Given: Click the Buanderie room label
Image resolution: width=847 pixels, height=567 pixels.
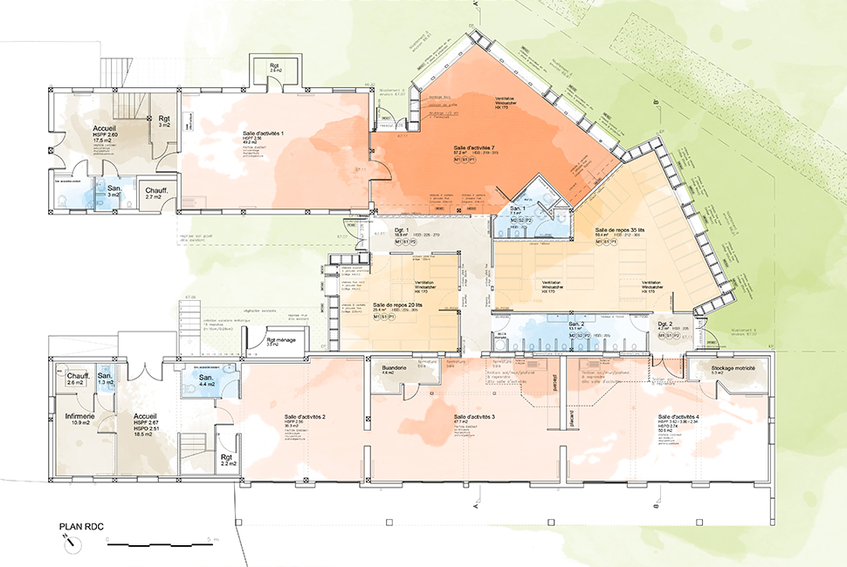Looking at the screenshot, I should [x=390, y=368].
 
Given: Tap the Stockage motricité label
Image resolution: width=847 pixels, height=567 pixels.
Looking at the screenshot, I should [x=732, y=368].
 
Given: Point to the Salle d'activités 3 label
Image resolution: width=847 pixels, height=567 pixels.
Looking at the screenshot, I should [x=474, y=417].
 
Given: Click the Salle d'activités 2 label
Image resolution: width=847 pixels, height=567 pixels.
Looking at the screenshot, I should [x=306, y=417].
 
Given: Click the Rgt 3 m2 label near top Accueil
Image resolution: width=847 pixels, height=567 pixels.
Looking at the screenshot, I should [x=163, y=120].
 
